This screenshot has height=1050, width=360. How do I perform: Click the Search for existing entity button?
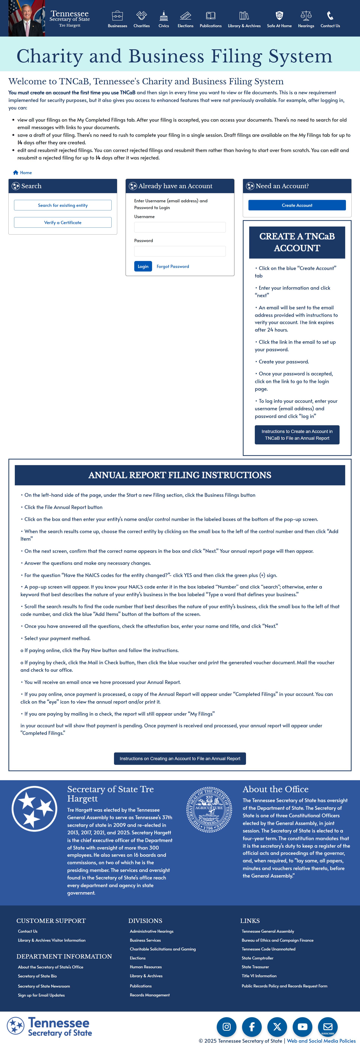tap(63, 205)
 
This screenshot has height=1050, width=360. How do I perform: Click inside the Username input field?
tap(180, 227)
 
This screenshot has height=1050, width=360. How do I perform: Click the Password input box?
tap(180, 251)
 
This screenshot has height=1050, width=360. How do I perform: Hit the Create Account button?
tap(297, 205)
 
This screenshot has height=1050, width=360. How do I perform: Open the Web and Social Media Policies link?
tap(321, 1041)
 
